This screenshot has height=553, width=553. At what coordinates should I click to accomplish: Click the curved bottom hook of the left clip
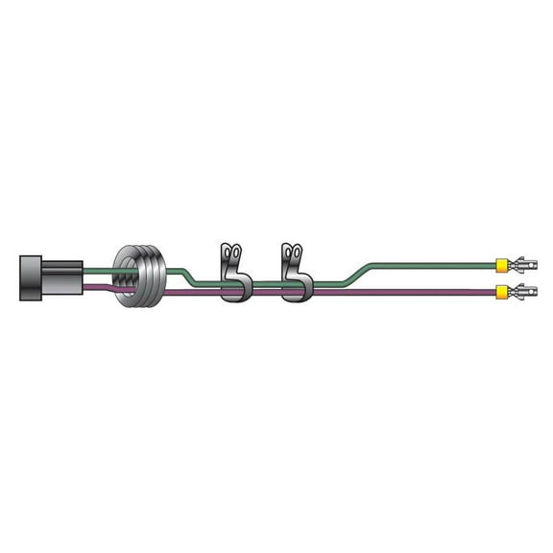pos(236,293)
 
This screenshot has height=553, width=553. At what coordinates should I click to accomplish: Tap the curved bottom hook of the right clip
pos(298,293)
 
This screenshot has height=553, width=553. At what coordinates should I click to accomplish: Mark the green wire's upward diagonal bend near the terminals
pos(365,273)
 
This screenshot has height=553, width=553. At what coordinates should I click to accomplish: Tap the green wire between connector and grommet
pos(98,272)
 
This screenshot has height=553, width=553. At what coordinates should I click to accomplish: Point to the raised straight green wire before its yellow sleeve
pos(432,263)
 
